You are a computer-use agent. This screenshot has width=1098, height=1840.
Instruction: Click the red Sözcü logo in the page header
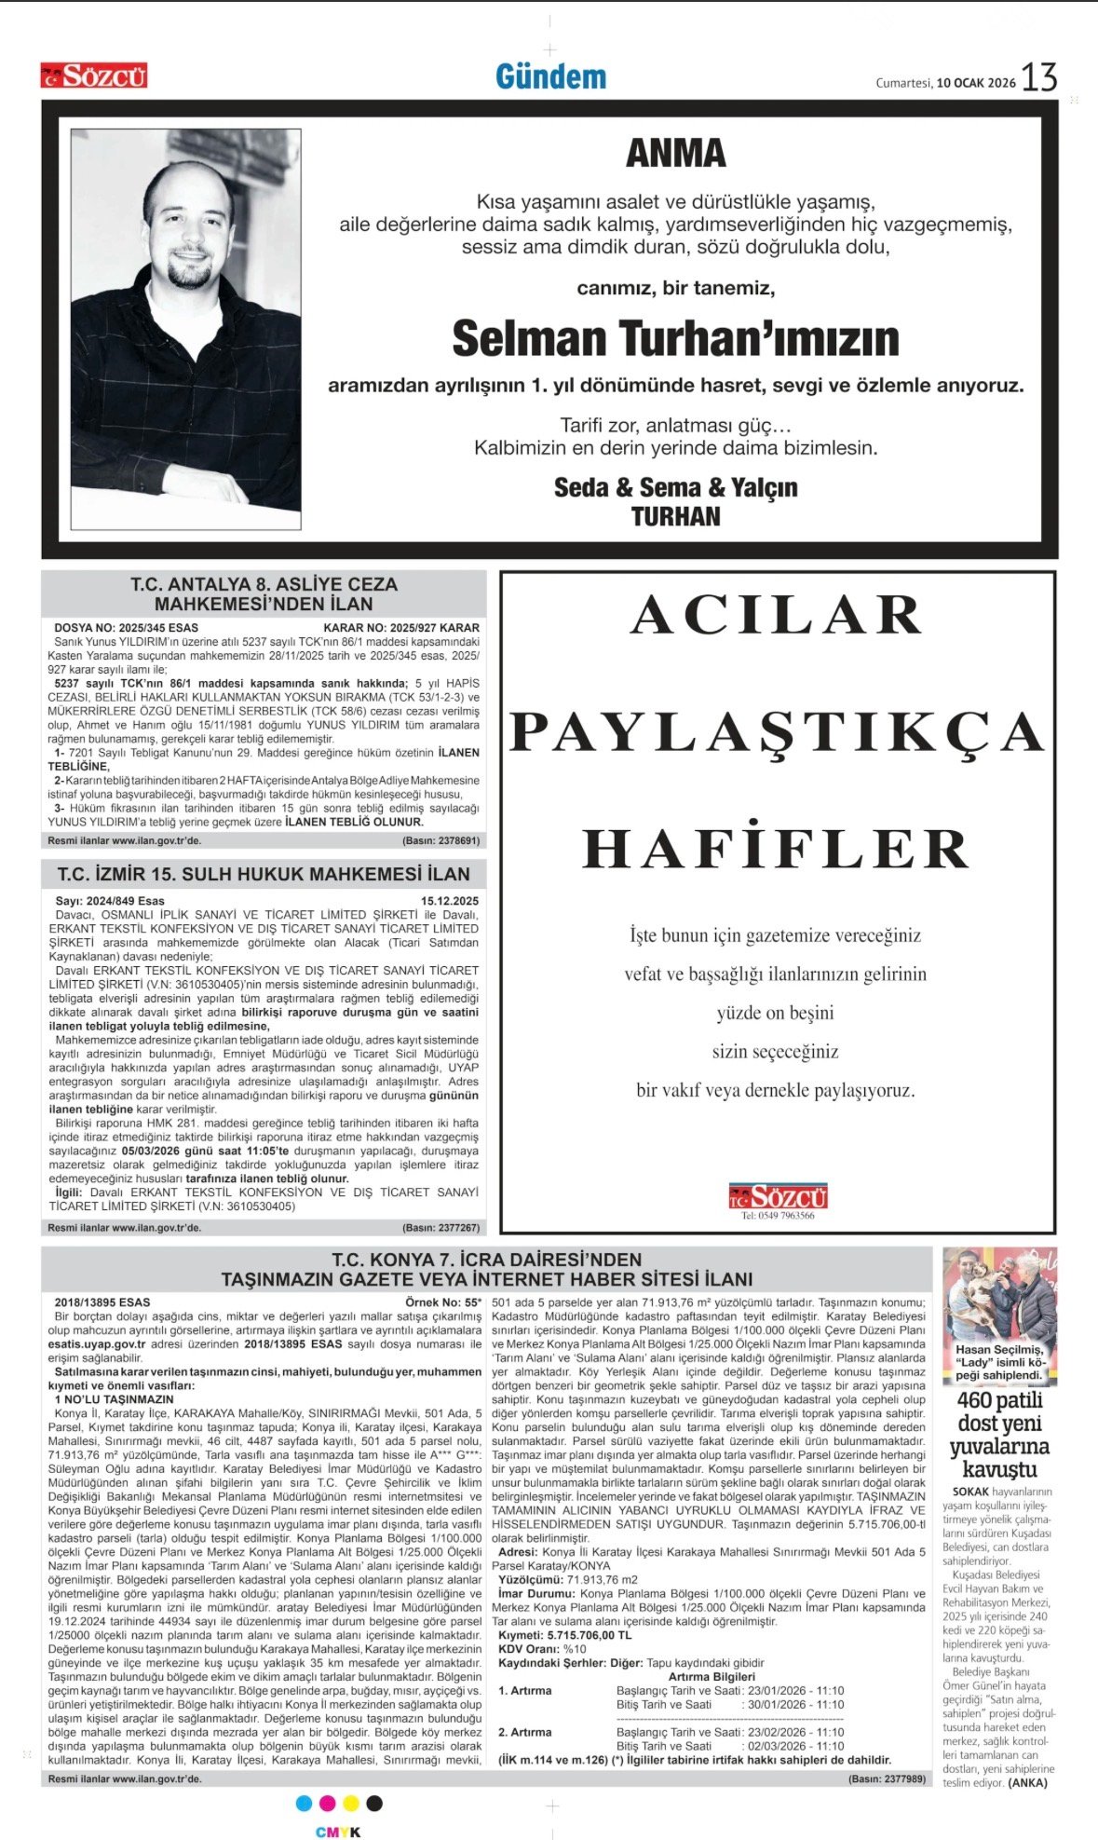point(93,75)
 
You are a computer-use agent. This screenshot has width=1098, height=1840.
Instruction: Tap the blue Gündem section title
point(550,77)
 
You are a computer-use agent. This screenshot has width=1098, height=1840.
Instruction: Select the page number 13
point(1039,78)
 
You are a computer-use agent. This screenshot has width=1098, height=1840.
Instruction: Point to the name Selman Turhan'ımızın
point(675,339)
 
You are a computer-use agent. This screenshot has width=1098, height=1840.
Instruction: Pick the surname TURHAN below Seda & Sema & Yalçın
point(675,516)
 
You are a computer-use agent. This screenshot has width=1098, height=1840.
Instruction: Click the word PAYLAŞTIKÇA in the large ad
point(777,732)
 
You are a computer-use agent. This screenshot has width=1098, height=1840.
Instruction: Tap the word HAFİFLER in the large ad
point(777,849)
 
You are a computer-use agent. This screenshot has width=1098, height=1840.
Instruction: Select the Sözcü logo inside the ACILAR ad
point(778,1195)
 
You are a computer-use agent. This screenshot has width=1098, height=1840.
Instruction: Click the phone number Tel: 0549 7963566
point(778,1216)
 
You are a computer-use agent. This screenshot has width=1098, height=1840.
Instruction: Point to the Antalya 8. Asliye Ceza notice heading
point(264,593)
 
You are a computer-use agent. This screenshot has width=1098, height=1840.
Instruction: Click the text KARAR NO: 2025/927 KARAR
point(401,628)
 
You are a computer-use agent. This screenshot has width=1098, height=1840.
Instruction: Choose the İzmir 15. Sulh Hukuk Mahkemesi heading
point(264,874)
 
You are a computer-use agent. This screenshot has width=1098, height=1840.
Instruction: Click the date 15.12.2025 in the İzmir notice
point(450,901)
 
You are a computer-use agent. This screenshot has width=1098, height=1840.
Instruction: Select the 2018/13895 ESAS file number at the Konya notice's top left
point(102,1302)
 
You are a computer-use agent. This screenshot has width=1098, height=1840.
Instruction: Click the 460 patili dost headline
point(999,1435)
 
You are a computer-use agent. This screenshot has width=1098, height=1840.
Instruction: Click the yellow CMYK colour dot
point(351,1804)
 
